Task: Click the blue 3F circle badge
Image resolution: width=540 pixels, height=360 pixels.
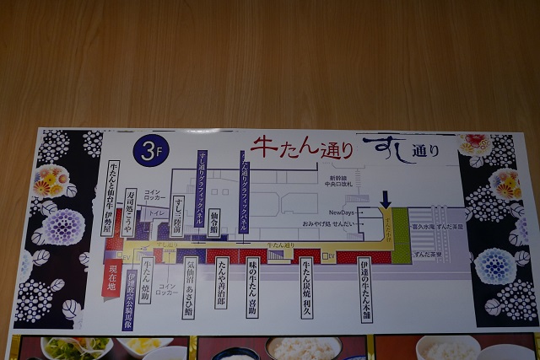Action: coord(153,154)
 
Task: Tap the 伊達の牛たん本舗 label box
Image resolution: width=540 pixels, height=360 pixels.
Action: coord(364,289)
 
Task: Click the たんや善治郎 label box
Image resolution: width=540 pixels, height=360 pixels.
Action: coord(221,282)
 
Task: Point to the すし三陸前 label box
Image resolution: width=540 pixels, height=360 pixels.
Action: coord(179,215)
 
